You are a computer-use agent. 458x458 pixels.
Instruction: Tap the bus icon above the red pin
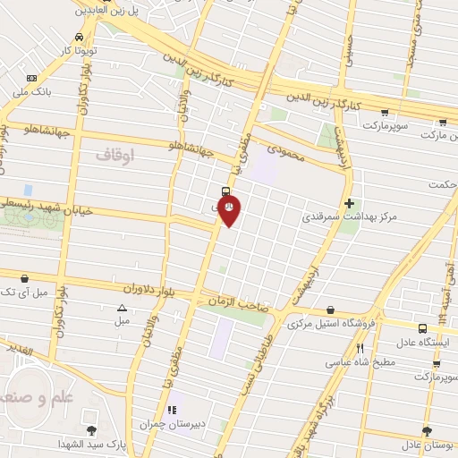[x=225, y=191]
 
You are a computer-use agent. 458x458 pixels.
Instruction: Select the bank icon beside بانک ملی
[x=32, y=78]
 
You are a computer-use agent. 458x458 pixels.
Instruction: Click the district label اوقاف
[x=114, y=156]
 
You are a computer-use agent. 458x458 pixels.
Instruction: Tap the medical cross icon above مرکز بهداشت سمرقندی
[x=349, y=203]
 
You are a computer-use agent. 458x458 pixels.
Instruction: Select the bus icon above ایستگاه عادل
[x=421, y=329]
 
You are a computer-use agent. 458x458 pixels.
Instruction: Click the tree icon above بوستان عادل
[x=426, y=430]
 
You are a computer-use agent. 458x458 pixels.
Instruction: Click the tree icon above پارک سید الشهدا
[x=91, y=430]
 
